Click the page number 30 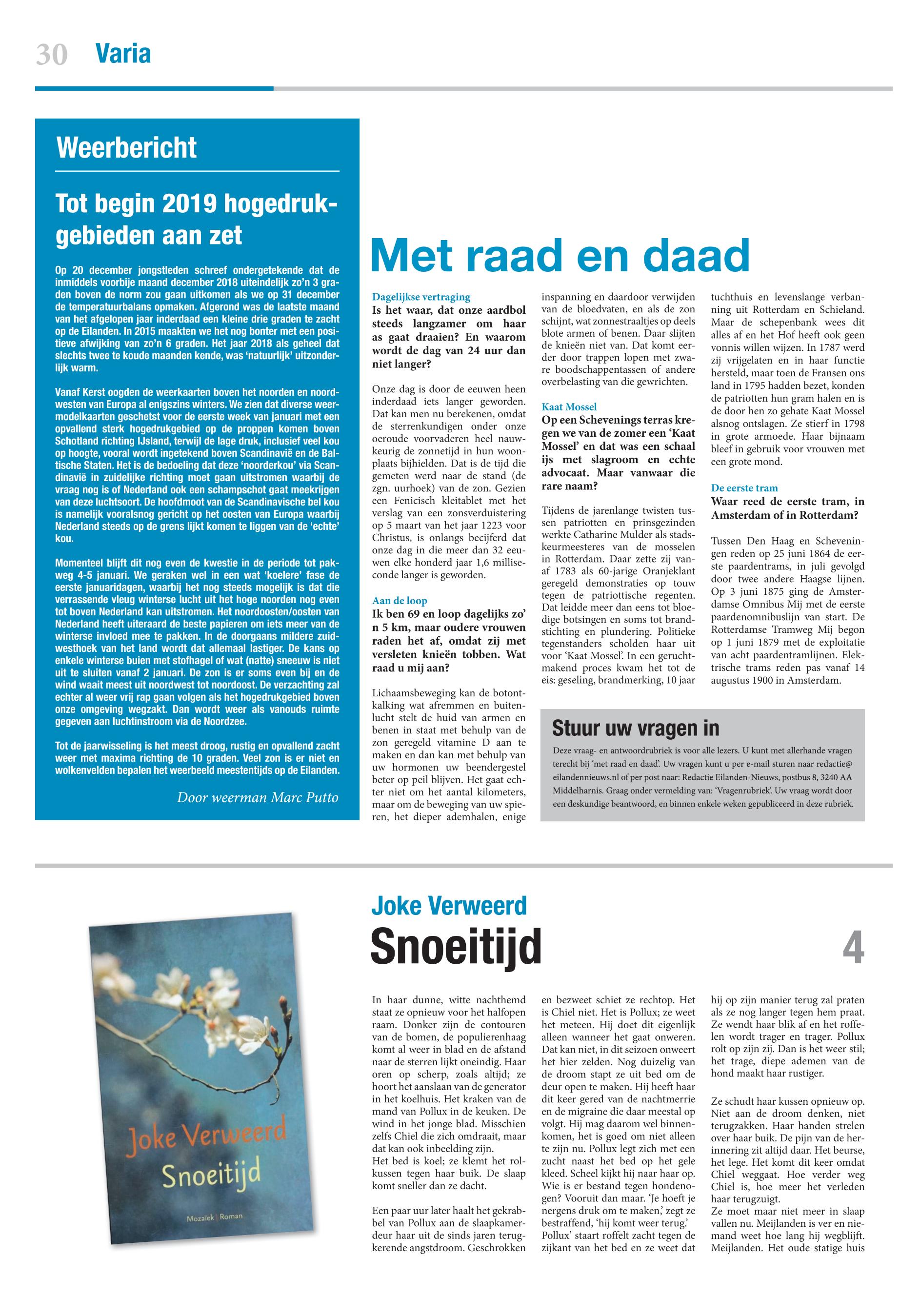[52, 55]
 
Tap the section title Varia [123, 54]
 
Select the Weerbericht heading [127, 148]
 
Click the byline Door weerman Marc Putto [258, 797]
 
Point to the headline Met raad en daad [560, 255]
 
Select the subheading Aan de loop [400, 601]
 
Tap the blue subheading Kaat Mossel [569, 406]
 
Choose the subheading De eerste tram [744, 488]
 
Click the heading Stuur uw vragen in [636, 728]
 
